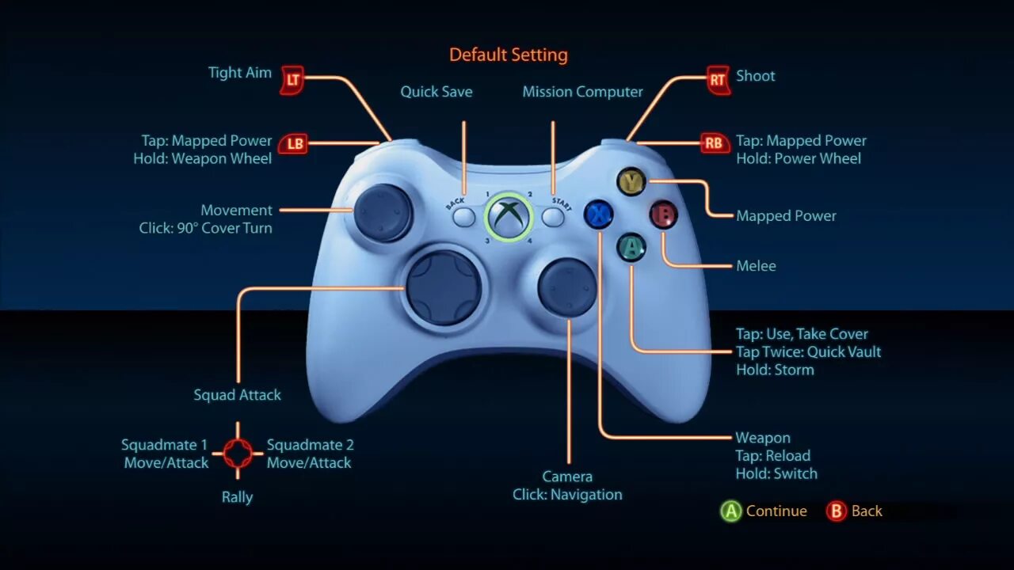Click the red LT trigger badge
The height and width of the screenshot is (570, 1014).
click(293, 79)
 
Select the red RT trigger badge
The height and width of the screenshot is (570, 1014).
click(718, 79)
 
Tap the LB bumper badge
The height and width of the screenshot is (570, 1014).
click(295, 143)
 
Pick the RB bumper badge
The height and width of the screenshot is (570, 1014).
click(713, 143)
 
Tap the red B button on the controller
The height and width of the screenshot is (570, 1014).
click(664, 215)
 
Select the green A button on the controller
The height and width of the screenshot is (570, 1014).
click(631, 248)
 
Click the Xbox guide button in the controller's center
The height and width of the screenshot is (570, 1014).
click(508, 216)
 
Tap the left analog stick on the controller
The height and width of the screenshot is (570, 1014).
click(382, 212)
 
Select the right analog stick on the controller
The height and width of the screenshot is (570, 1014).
click(567, 287)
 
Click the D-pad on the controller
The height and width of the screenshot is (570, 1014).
click(444, 287)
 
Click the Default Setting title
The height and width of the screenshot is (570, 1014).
click(509, 55)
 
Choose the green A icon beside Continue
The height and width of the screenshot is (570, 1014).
click(730, 511)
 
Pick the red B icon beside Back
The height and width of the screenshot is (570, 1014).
click(836, 511)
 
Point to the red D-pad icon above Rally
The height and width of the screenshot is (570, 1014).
click(238, 453)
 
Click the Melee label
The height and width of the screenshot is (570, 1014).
click(756, 266)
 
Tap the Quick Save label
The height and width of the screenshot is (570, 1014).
click(436, 92)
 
